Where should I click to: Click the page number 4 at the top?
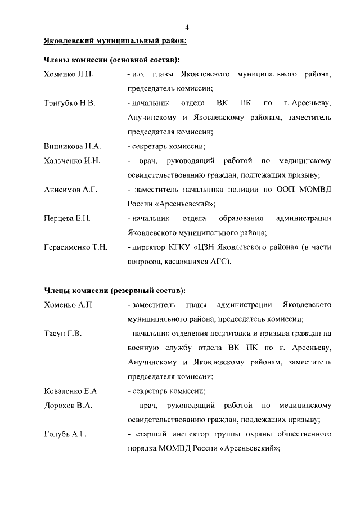tap(187, 28)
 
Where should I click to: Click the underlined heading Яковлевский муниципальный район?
tap(115, 41)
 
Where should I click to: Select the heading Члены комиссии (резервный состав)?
tap(115, 290)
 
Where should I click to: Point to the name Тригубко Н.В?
tap(70, 103)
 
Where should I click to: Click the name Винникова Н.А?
tap(73, 146)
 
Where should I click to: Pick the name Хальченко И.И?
tap(72, 161)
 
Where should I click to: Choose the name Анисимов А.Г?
tap(71, 190)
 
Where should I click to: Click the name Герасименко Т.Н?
tap(76, 247)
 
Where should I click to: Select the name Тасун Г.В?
tap(63, 334)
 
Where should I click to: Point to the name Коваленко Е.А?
tap(71, 391)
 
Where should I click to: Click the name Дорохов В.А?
tap(68, 406)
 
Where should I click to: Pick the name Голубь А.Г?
tap(65, 434)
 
